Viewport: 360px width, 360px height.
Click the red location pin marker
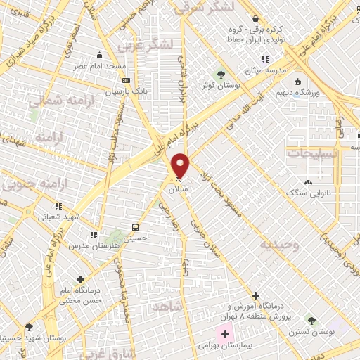tap(181, 165)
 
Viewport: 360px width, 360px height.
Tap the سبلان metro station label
tap(176, 189)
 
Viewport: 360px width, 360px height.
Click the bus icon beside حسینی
tap(135, 228)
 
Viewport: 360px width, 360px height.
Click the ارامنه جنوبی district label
tap(28, 184)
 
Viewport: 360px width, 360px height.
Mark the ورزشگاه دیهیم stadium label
tap(323, 92)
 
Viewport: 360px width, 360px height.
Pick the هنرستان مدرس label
tap(88, 246)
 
